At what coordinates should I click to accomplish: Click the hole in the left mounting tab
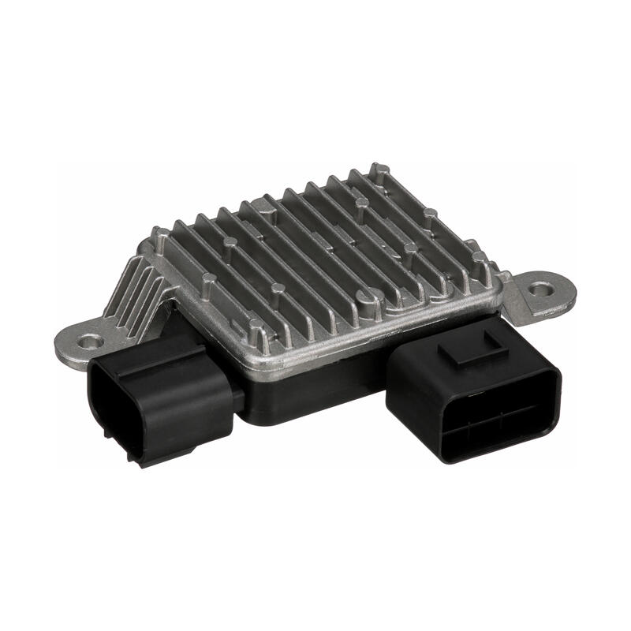(x=90, y=342)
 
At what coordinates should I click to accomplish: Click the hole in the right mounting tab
(x=540, y=289)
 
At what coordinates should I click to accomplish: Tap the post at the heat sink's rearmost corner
(x=379, y=170)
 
